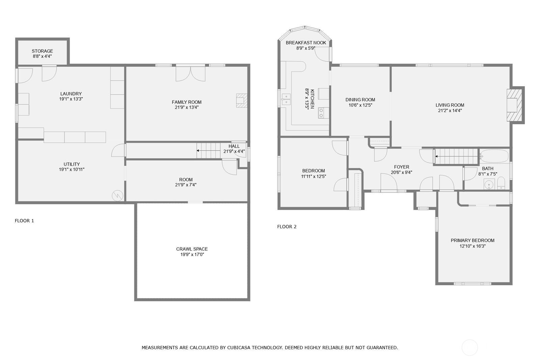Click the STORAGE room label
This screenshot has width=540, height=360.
[x=43, y=51]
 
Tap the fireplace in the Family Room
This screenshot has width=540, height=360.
[x=242, y=100]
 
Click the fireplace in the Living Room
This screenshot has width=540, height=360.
[x=514, y=105]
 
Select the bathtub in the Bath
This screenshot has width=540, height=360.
[x=494, y=156]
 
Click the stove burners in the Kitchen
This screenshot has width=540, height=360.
[x=321, y=113]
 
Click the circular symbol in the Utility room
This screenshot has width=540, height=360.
[x=117, y=195]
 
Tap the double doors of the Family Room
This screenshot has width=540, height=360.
[x=190, y=74]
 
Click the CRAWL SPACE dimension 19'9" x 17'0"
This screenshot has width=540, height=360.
[x=192, y=255]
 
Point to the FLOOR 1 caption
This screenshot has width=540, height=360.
[x=24, y=221]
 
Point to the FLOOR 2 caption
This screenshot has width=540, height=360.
[x=287, y=227]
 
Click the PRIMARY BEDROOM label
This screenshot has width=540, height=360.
[x=473, y=240]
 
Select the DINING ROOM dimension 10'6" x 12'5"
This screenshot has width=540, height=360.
[x=360, y=105]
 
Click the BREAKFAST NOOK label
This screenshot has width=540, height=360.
[x=306, y=43]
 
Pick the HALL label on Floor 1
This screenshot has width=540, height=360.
[x=234, y=146]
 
